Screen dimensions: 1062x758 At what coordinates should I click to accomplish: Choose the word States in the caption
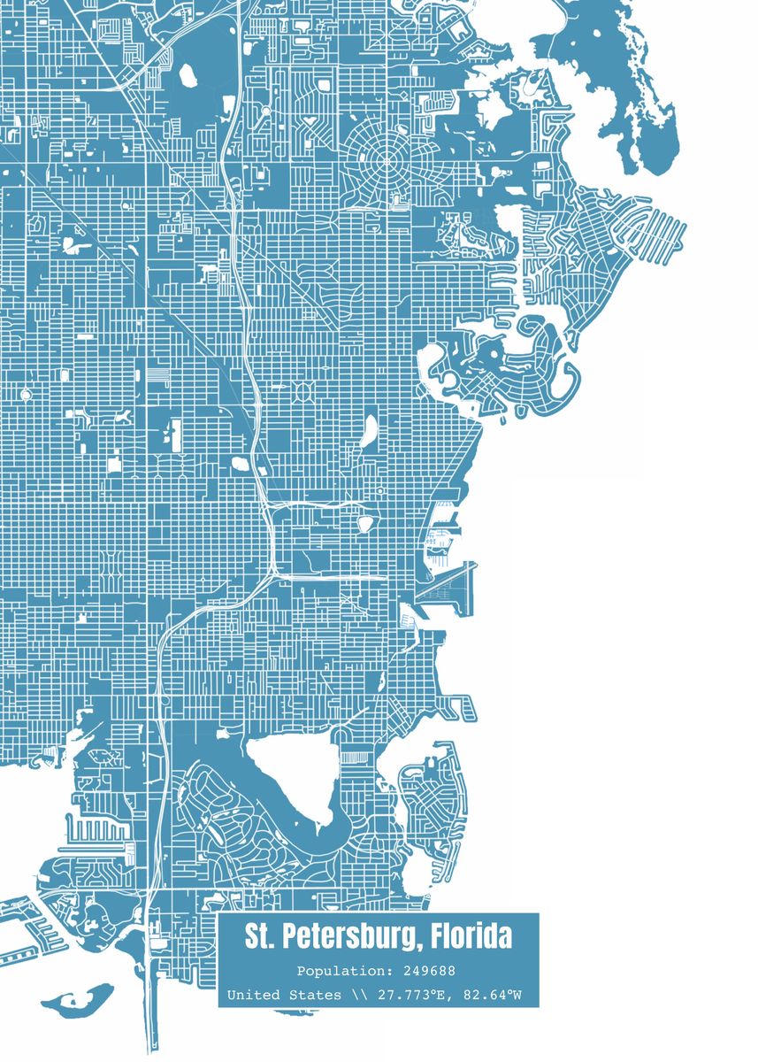point(315,996)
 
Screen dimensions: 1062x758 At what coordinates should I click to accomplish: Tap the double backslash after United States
point(358,996)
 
